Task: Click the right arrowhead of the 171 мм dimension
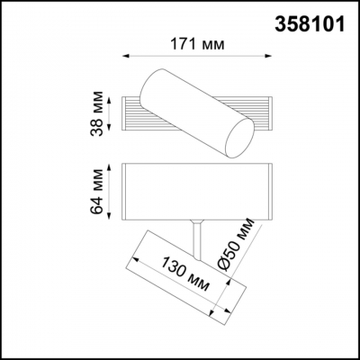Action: pos(270,57)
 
